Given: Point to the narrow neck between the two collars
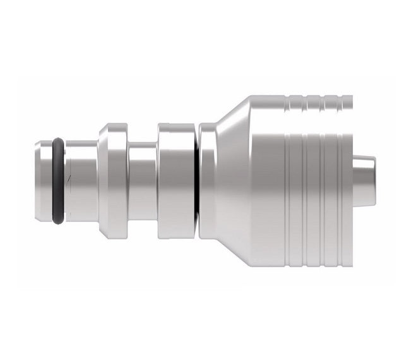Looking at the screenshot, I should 143,181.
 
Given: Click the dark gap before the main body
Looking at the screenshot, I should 196,181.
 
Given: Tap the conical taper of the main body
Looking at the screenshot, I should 230,181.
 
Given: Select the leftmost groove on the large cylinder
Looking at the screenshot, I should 285,189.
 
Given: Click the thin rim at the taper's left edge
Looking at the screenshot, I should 203,181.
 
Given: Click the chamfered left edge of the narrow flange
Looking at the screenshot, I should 102,181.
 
